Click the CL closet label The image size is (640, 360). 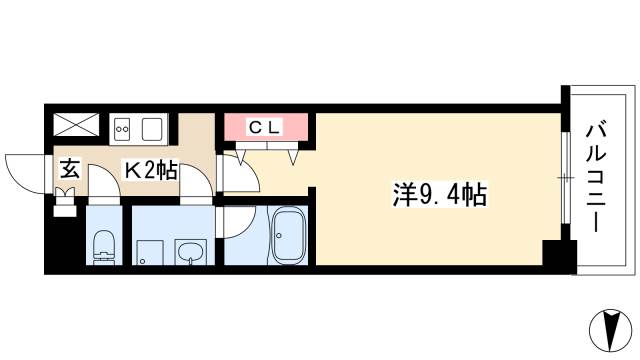point(264,128)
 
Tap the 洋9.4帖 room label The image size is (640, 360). point(439,195)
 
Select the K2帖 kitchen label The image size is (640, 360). point(151,171)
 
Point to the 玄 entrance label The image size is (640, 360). point(70,169)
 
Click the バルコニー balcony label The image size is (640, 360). point(596,178)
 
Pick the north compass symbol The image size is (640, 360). point(611,331)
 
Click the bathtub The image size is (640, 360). point(289,236)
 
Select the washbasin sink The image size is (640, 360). point(191,251)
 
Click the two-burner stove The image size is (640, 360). point(122,129)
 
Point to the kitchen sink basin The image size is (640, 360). point(152,129)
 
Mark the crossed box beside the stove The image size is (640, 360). point(76,124)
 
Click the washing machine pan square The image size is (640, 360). point(150,253)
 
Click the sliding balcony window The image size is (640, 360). point(565,178)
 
